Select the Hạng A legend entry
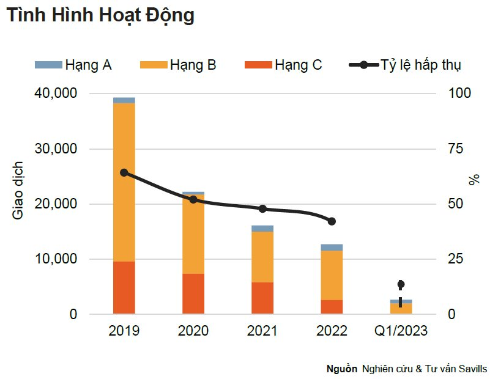tap(73, 65)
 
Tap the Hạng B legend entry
tap(178, 65)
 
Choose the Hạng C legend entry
tap(283, 65)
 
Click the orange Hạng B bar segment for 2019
tap(124, 182)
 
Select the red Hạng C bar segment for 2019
tap(124, 288)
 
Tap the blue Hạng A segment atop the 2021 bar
tap(262, 229)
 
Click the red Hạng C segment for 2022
tap(332, 307)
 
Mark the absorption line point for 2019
tap(124, 172)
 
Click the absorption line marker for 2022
tap(332, 221)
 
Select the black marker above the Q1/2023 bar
tap(401, 284)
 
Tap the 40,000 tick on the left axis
tap(56, 94)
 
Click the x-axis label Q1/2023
tap(401, 331)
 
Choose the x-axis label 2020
tap(193, 331)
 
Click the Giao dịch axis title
tap(18, 190)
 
